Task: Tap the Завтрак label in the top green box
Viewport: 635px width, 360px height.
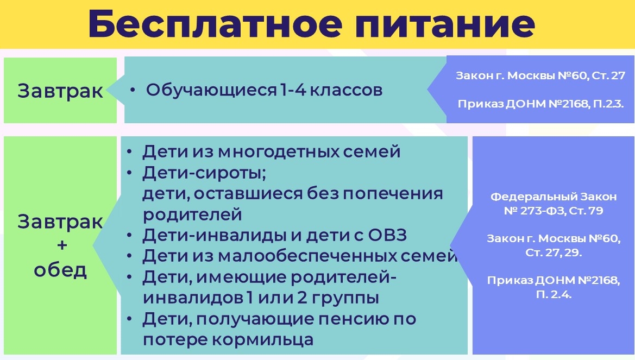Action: pos(60,91)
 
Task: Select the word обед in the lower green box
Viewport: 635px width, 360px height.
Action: pos(60,269)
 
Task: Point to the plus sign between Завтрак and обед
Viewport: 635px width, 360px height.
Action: pos(62,245)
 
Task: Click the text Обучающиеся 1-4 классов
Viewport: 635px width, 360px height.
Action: pos(264,90)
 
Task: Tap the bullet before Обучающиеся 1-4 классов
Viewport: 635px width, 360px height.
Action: pos(133,90)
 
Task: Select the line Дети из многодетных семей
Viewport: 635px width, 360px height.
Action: pos(272,151)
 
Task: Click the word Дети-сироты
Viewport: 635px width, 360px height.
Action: pos(204,173)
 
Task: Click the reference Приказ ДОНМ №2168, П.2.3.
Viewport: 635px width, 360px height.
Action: pos(540,104)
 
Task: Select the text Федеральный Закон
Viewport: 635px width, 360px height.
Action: pos(554,197)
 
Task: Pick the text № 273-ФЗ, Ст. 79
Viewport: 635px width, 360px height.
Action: pos(554,211)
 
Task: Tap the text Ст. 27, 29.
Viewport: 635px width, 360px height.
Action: pos(554,252)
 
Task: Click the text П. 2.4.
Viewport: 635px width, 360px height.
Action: pos(554,294)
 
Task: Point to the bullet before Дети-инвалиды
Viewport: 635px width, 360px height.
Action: pos(129,235)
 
